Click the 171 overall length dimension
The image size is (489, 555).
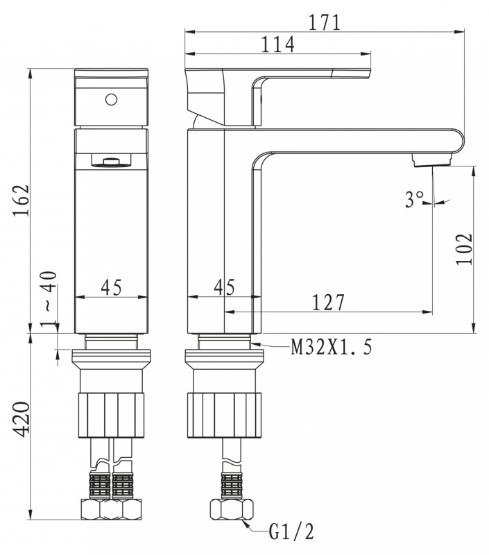point(325,23)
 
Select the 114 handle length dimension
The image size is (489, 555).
point(277,44)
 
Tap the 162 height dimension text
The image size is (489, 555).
point(21,200)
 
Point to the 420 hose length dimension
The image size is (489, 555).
point(21,420)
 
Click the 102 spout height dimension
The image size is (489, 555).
point(464,250)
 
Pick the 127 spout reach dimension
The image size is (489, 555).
point(328,302)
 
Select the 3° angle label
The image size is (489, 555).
point(414,199)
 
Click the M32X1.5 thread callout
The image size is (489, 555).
point(332,348)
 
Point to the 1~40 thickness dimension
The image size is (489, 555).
point(49,298)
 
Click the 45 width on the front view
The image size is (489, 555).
point(111,287)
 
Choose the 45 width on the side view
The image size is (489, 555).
point(224,287)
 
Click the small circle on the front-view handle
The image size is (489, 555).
point(111,99)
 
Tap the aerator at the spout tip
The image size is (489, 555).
point(432,160)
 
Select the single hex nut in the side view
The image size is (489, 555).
point(232,509)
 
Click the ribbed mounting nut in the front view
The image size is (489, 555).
point(112,414)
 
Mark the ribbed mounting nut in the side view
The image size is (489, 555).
point(224,414)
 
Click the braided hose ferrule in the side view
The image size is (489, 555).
point(232,484)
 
